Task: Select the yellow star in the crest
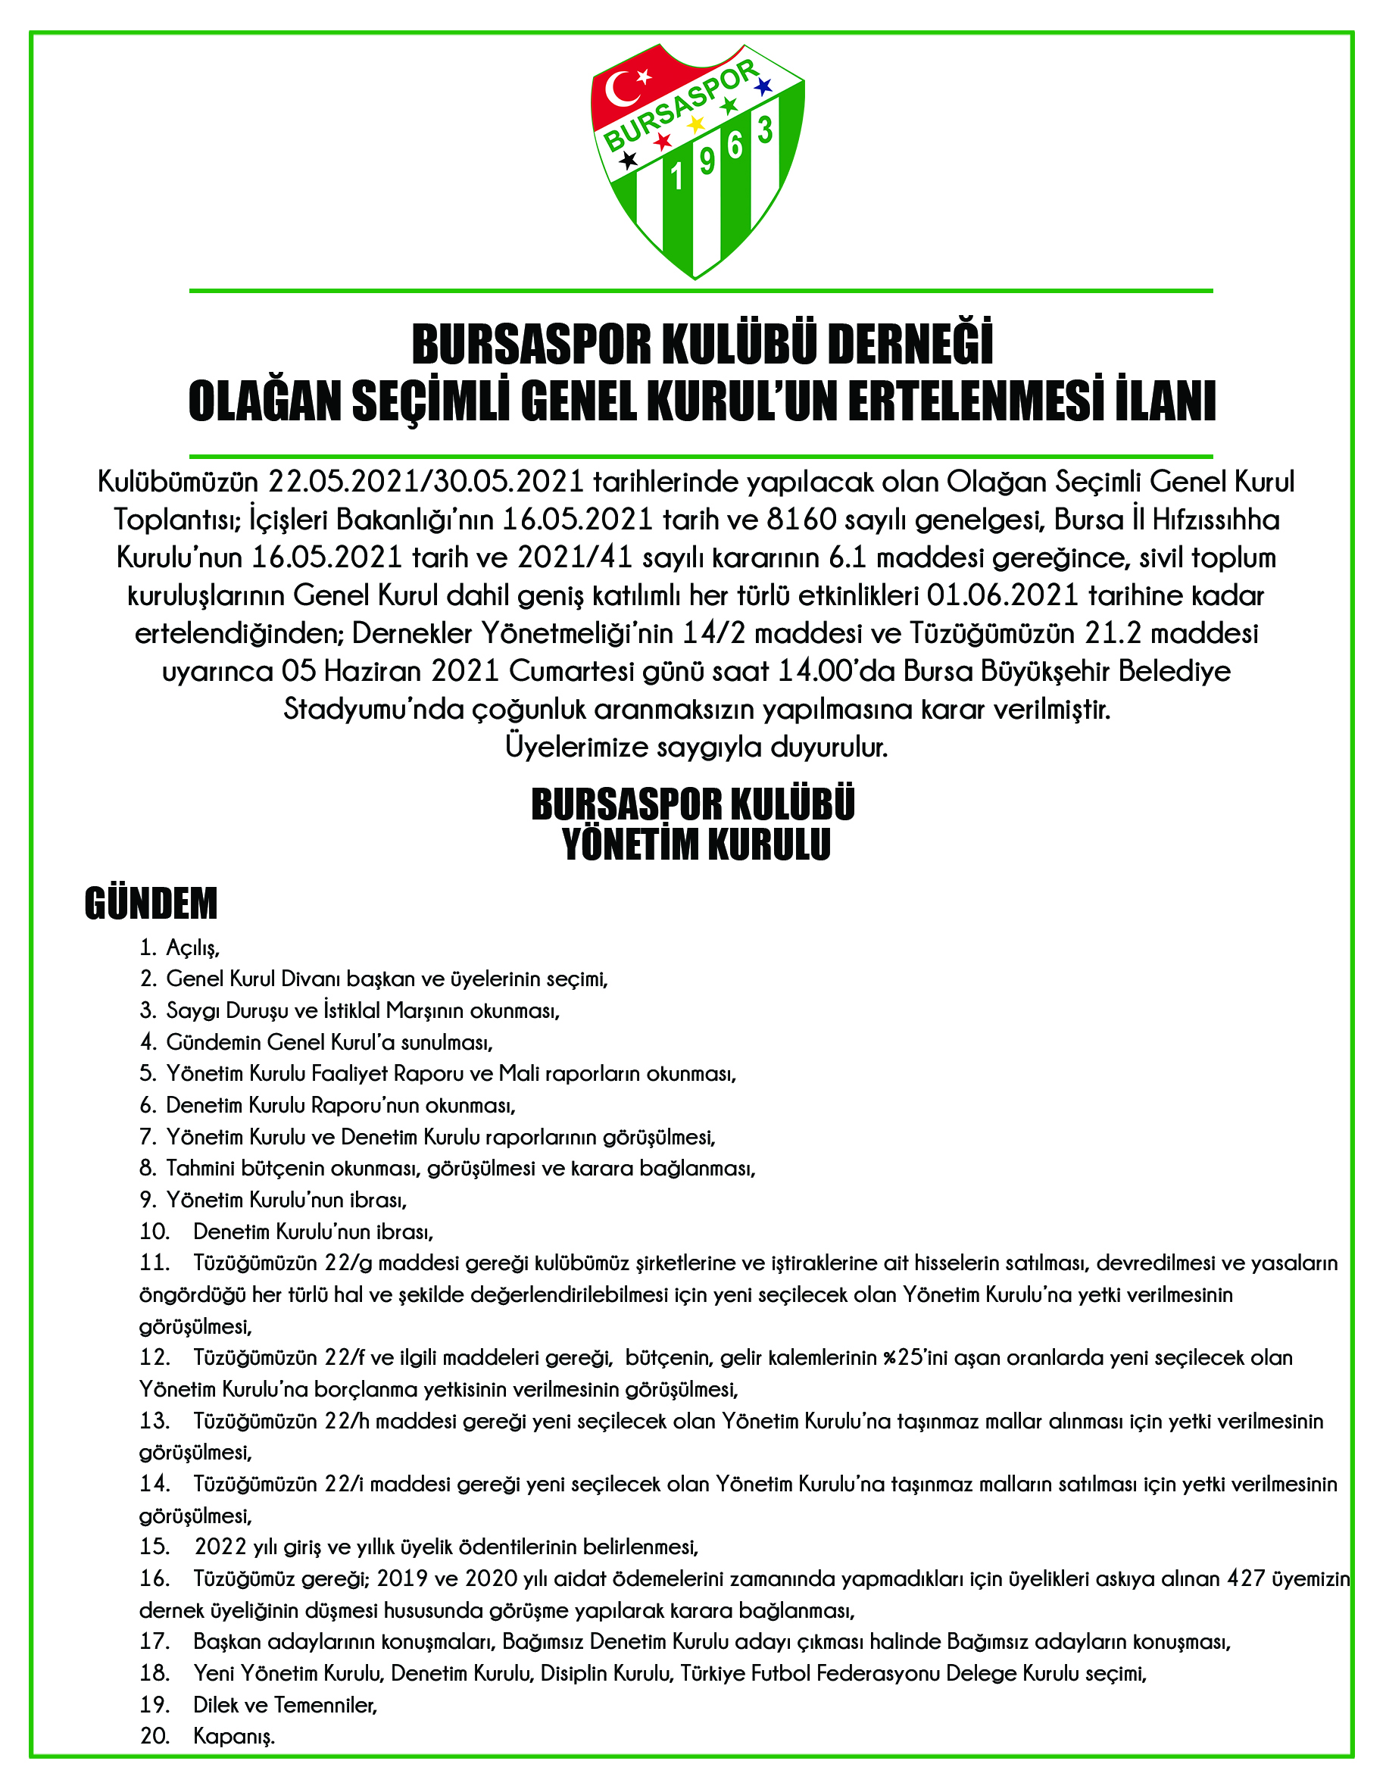(695, 124)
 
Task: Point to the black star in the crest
(629, 160)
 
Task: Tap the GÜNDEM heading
(151, 904)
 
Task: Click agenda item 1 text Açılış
(193, 948)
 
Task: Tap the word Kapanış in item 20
(233, 1736)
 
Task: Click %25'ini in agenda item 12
(916, 1358)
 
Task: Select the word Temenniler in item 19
(325, 1705)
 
